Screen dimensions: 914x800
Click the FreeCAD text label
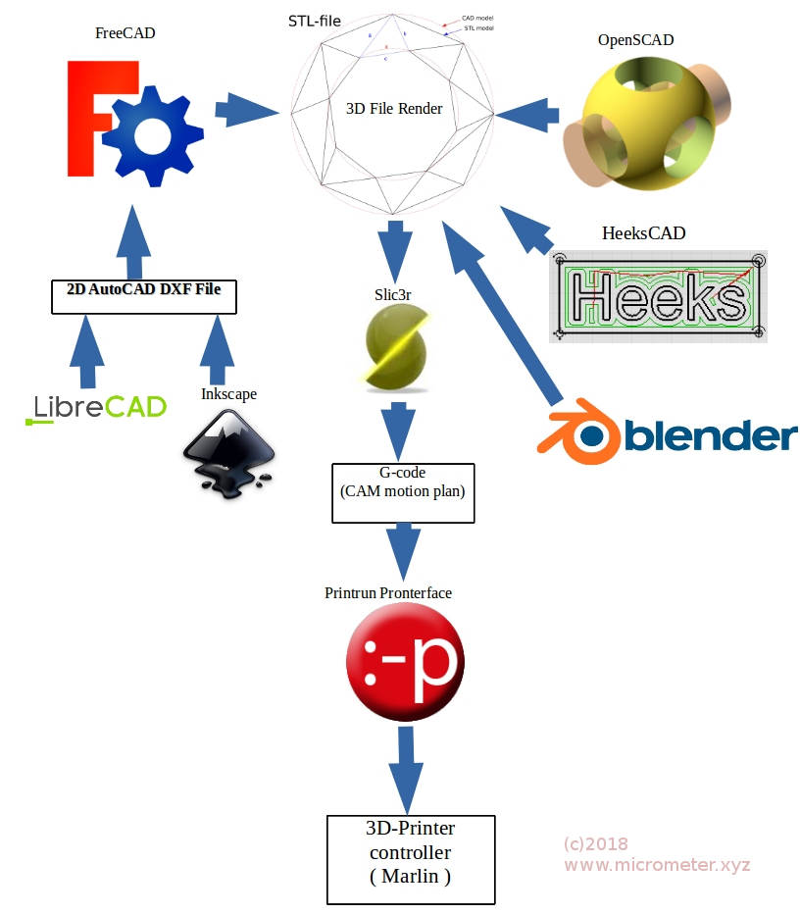click(125, 33)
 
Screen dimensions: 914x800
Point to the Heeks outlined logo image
click(658, 295)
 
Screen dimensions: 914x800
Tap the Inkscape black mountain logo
click(229, 452)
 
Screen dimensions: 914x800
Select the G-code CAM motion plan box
click(403, 493)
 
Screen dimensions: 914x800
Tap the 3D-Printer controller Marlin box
click(411, 857)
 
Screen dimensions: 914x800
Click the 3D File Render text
click(394, 109)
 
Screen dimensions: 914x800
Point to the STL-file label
click(315, 20)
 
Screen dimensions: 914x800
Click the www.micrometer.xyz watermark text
click(656, 864)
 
